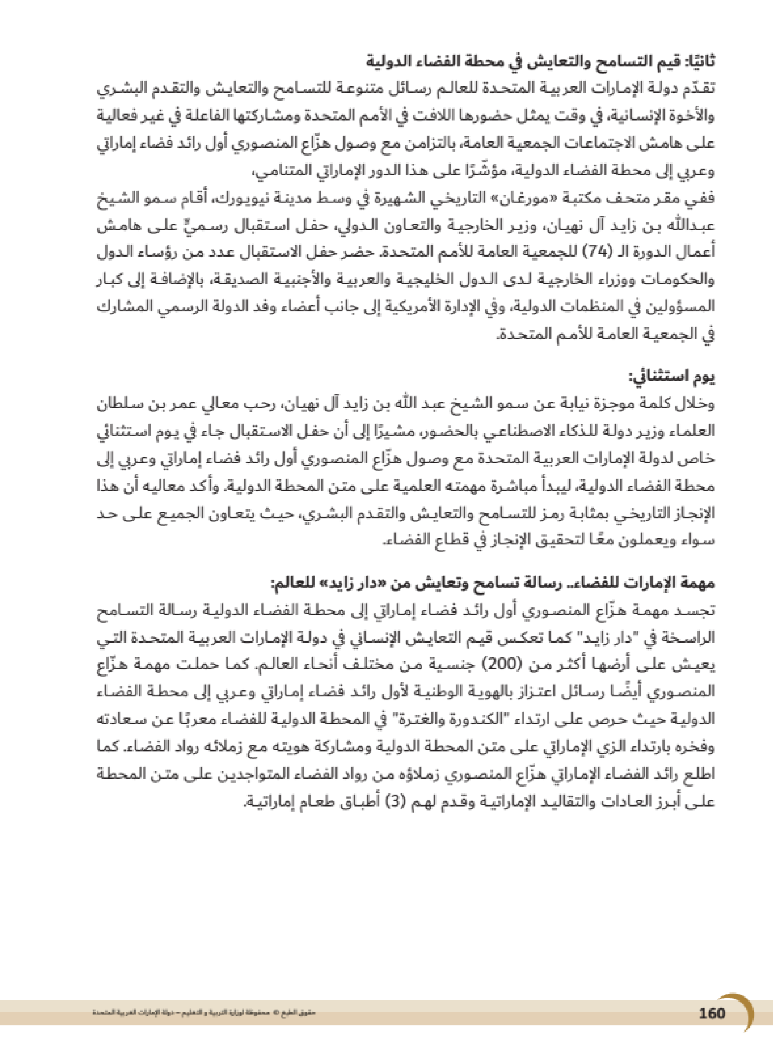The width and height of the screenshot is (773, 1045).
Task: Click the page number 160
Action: pyautogui.click(x=712, y=1013)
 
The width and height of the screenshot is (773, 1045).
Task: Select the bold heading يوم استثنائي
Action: pyautogui.click(x=671, y=377)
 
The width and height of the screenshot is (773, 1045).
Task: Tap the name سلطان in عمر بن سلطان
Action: pyautogui.click(x=121, y=404)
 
